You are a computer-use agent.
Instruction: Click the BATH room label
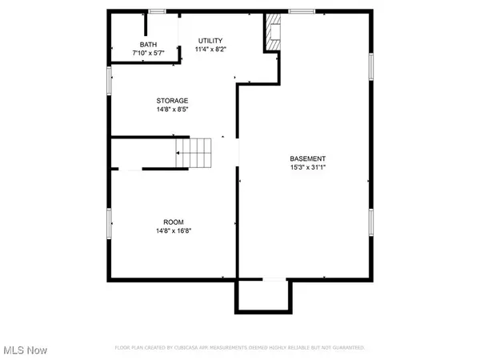click(149, 45)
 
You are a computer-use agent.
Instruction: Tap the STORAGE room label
click(172, 101)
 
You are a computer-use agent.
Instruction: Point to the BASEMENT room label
click(308, 158)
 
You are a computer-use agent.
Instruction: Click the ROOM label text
click(173, 222)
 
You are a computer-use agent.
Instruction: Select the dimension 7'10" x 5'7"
click(149, 53)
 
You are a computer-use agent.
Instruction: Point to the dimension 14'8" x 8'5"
click(172, 110)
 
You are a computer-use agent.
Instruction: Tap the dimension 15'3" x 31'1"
click(308, 167)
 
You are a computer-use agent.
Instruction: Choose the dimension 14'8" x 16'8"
click(173, 230)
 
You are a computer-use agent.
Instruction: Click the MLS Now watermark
click(25, 350)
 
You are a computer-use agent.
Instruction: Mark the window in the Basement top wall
click(302, 11)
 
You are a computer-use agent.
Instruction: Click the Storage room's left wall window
click(110, 80)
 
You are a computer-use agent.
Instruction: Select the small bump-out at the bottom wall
click(260, 297)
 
